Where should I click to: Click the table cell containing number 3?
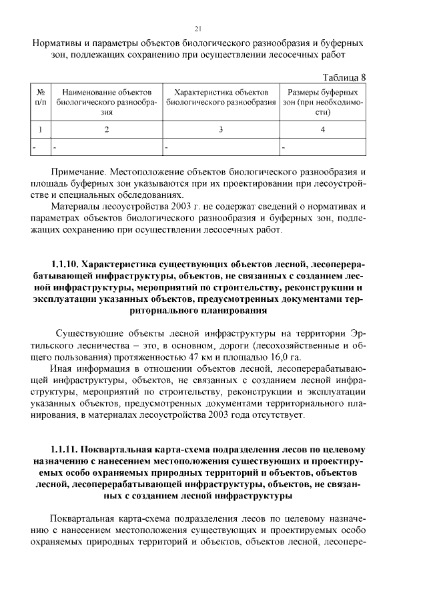[x=221, y=130]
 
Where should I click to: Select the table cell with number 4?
[x=322, y=130]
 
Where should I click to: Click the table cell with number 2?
[x=107, y=130]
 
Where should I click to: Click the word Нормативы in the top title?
[x=59, y=43]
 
